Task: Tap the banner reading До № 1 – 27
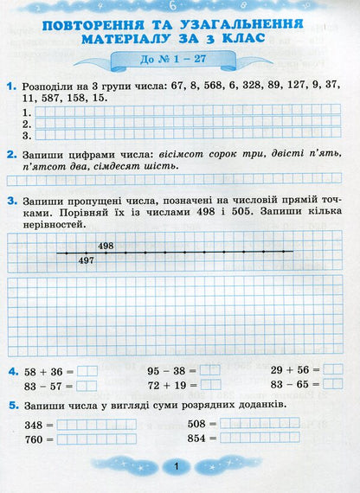(178, 61)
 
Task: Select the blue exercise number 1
(10, 88)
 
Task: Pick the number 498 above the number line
(106, 246)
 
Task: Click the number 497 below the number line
(86, 260)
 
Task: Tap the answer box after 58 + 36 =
(87, 371)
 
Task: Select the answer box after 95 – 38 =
(210, 371)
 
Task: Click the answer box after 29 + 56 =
(333, 369)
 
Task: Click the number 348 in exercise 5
(35, 425)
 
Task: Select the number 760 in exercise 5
(35, 439)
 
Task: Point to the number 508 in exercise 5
(198, 424)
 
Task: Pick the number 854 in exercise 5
(198, 439)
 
